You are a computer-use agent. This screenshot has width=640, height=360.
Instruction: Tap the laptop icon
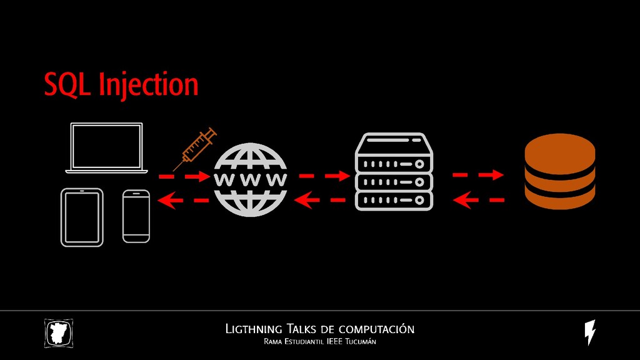[107, 148]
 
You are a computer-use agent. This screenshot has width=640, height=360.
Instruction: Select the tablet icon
[82, 217]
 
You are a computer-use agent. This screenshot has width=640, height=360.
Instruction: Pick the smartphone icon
[136, 216]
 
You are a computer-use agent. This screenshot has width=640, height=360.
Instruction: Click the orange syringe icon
[195, 149]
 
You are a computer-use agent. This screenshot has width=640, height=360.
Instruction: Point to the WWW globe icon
[250, 180]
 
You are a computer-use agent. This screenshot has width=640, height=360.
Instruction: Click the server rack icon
[394, 172]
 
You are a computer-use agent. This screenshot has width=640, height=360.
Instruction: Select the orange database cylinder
[559, 172]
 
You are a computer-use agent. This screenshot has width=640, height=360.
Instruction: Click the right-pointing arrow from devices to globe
[184, 177]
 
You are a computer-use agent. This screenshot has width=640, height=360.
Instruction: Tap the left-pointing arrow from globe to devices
[184, 201]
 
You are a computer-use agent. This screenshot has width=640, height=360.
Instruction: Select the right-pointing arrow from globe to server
[324, 176]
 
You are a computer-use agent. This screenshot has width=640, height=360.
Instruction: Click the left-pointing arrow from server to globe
[320, 200]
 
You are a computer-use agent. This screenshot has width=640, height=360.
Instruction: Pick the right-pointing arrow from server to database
[478, 175]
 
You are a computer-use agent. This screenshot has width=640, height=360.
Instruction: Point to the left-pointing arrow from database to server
[478, 200]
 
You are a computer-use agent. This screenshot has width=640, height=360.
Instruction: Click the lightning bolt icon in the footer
[589, 332]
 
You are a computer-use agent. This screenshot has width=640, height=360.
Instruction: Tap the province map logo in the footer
[59, 333]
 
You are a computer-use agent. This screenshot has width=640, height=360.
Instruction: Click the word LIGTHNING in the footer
[253, 329]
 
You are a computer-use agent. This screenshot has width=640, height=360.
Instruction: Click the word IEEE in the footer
[326, 342]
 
